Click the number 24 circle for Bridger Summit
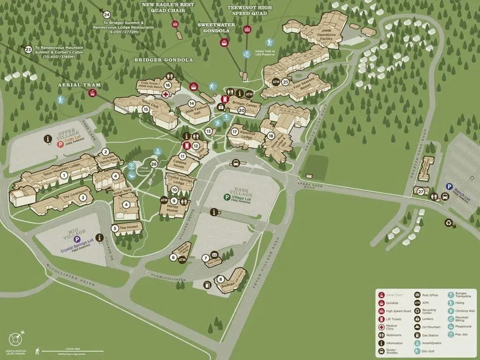(x=107, y=15)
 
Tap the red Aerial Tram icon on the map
(x=92, y=93)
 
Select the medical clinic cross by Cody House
(x=165, y=94)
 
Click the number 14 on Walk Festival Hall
(x=191, y=103)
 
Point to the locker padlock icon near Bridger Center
(x=221, y=107)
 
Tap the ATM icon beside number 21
(x=276, y=82)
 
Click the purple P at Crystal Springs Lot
(x=77, y=239)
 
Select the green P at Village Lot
(x=226, y=197)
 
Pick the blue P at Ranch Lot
(x=449, y=187)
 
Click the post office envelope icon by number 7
(x=215, y=255)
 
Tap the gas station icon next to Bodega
(x=207, y=285)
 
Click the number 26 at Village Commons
(x=154, y=164)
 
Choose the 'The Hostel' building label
(x=127, y=228)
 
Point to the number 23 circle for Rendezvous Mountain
(x=28, y=49)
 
